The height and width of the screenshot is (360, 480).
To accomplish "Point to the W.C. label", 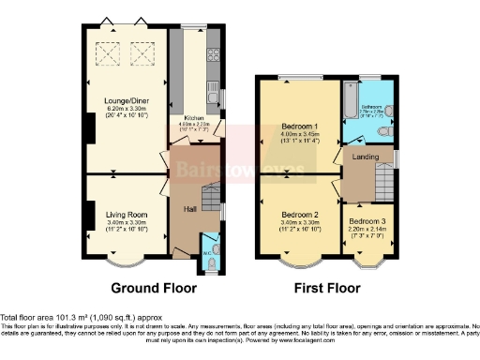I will pos(208,253).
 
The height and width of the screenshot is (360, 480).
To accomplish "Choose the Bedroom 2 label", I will pos(301,214).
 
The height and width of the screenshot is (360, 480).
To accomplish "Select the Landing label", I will pos(364,157).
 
